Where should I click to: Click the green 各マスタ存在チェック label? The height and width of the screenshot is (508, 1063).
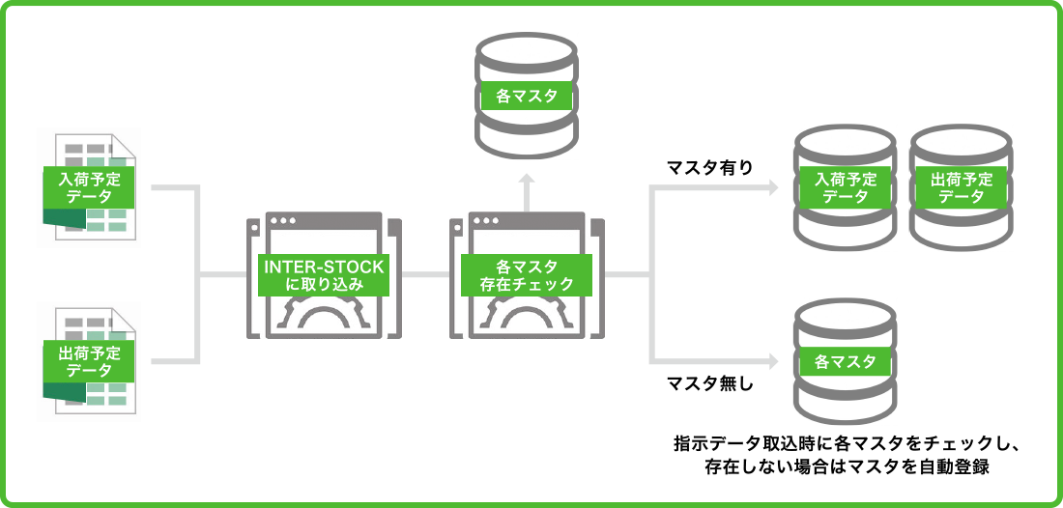click(x=527, y=275)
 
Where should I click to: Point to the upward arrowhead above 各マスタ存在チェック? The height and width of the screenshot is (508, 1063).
click(x=527, y=181)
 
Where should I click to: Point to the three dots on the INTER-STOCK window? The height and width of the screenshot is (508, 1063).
click(x=282, y=221)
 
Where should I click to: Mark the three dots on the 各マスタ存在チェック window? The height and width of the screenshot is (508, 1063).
click(x=485, y=221)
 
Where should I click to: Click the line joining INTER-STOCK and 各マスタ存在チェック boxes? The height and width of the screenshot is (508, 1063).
click(x=425, y=276)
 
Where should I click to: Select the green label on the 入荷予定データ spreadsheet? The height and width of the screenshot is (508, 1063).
click(x=89, y=187)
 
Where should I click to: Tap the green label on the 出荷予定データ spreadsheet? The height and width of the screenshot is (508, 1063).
click(x=89, y=361)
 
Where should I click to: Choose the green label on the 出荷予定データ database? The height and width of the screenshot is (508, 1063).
click(x=961, y=187)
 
